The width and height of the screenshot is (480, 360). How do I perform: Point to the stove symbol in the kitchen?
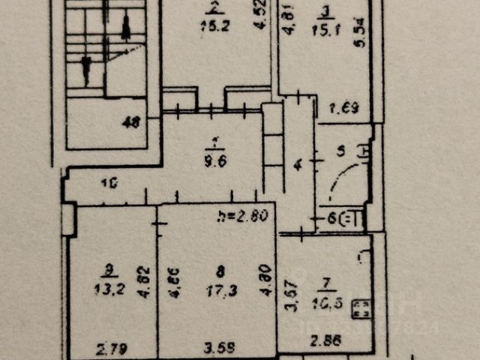pos(361,309)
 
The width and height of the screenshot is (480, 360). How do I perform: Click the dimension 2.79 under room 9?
pos(110,347)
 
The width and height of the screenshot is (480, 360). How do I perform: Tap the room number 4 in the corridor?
pos(296,163)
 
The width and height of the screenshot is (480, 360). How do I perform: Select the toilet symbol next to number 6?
pos(352,220)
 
